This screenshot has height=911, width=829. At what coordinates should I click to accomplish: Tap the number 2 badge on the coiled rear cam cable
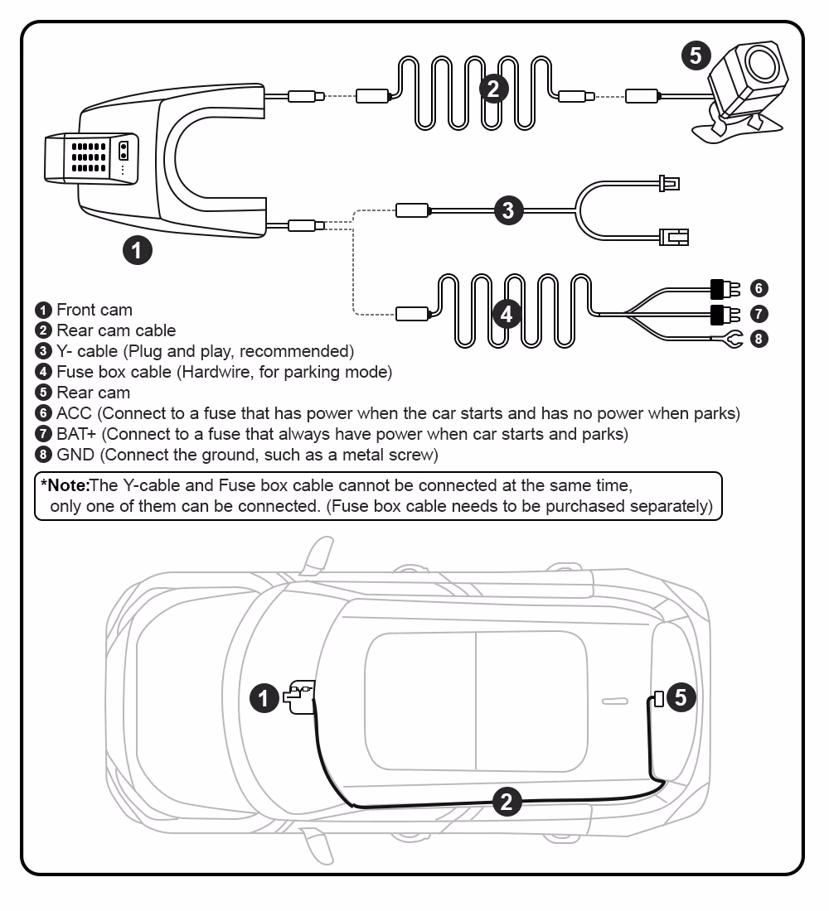(x=494, y=88)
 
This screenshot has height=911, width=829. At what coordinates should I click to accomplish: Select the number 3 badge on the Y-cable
(x=507, y=210)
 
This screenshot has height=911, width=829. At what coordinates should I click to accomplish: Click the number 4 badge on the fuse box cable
(x=507, y=313)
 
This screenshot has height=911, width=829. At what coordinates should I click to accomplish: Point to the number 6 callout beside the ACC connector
(x=758, y=288)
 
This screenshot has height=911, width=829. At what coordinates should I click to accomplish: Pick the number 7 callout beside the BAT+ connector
(x=758, y=313)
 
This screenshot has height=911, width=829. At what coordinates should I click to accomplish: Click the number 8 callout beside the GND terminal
(x=758, y=338)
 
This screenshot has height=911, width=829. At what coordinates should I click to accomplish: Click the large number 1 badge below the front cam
(x=137, y=248)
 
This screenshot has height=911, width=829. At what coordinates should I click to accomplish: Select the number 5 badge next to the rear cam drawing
(x=695, y=55)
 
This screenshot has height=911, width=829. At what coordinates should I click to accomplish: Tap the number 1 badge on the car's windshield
(x=264, y=698)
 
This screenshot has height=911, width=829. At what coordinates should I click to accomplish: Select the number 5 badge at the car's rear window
(x=680, y=697)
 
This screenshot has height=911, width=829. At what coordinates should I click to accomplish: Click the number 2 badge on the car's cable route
(x=507, y=801)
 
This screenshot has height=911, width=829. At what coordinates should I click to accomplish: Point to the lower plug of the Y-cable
(x=673, y=237)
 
